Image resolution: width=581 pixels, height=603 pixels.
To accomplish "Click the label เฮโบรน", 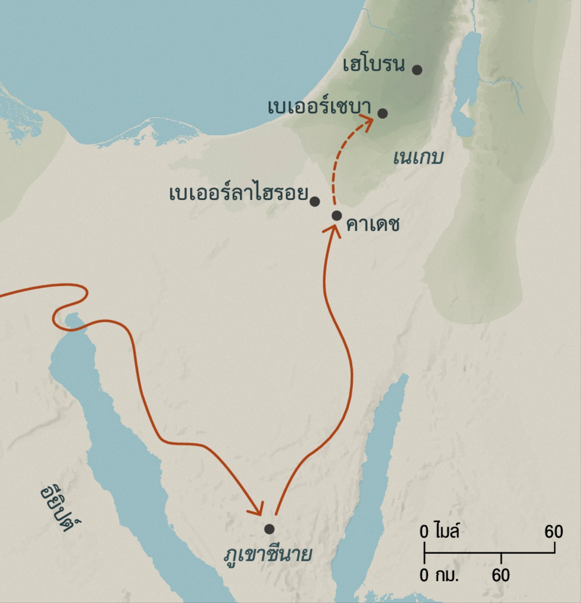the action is (x=373, y=64).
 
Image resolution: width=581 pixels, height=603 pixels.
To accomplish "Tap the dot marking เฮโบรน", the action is (x=417, y=70).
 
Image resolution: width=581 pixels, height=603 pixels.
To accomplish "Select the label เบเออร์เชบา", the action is (x=320, y=107).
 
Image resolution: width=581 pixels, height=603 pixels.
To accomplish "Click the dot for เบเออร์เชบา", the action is (x=382, y=113).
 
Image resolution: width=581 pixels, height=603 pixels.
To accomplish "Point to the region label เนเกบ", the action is (x=418, y=157).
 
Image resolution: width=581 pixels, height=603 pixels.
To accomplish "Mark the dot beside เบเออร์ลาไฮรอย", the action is (x=315, y=201).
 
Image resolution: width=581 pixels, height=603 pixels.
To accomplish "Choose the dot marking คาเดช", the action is (x=337, y=215).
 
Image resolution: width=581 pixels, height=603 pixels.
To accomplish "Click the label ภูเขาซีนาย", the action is (x=268, y=554).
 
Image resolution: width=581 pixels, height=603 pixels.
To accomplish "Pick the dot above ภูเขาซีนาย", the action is (x=269, y=528).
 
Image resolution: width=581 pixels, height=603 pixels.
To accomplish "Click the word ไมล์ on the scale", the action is (x=446, y=531).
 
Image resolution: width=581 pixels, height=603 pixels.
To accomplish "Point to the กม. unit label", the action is (x=446, y=575).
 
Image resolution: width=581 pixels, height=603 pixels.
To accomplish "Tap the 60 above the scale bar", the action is (x=553, y=532).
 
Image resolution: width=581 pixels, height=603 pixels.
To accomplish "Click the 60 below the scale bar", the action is (x=501, y=575).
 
